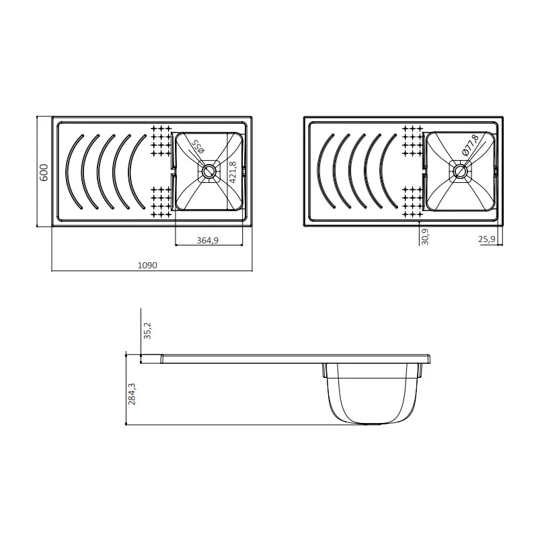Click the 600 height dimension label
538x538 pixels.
click(x=44, y=172)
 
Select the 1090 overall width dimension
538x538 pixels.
click(x=147, y=265)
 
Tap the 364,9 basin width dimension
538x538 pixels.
click(x=207, y=241)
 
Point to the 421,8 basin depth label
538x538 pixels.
click(x=233, y=172)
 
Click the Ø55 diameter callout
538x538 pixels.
click(x=198, y=146)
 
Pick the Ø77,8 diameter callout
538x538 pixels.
click(x=470, y=145)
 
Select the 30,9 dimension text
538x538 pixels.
click(x=425, y=237)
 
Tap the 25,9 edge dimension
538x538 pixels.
click(x=487, y=239)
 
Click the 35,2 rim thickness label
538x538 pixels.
click(x=147, y=331)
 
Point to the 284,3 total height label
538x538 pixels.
click(x=132, y=394)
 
